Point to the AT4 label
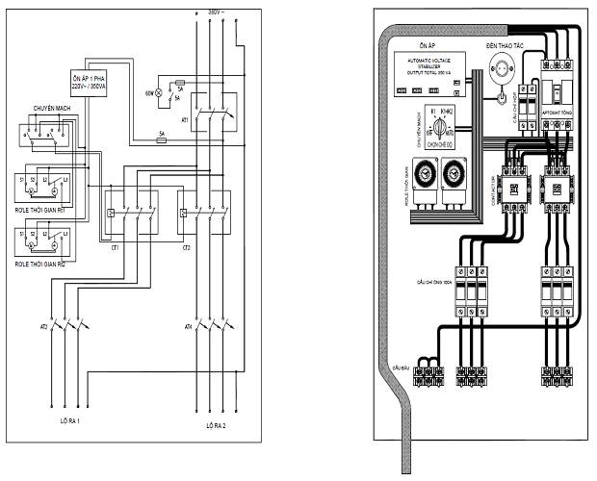coord(189,327)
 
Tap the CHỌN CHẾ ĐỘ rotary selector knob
coord(442,124)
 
